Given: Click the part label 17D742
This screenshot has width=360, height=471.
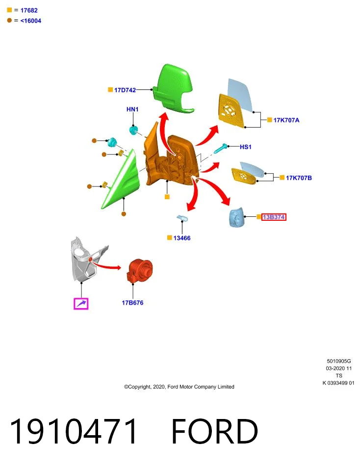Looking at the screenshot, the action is (125, 90).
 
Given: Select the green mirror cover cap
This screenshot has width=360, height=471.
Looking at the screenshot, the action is (173, 89).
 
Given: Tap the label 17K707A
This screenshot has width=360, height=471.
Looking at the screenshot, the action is (286, 120).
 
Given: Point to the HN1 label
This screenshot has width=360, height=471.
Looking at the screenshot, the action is (132, 109).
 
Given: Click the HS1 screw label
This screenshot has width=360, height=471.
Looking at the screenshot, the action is (246, 147).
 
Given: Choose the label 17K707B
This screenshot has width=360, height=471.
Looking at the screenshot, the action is (299, 178).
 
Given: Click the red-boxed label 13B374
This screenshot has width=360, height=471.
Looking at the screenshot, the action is (274, 217).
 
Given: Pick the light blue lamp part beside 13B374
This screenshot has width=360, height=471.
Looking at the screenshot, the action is (236, 217).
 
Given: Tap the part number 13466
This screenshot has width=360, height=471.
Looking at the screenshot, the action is (182, 238).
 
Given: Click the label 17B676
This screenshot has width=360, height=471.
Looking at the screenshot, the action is (132, 303).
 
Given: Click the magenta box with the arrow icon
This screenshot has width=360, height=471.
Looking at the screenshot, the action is (81, 303).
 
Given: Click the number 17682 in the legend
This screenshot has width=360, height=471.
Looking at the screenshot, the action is (29, 10).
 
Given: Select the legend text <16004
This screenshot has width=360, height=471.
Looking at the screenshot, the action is (30, 21).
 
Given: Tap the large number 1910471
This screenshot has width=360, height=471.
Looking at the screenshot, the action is (74, 431).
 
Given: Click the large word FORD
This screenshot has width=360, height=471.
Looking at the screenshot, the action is (214, 431).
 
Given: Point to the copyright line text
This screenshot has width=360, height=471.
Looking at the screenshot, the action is (179, 387).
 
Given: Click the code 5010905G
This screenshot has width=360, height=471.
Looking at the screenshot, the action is (339, 361).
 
